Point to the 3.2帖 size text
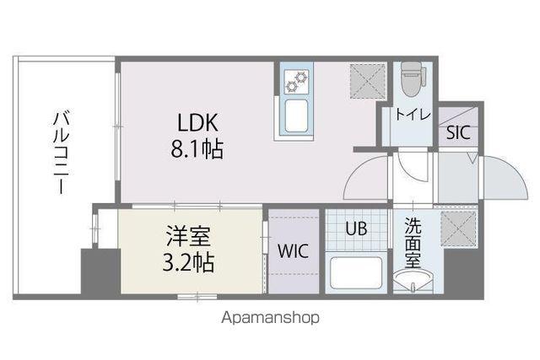pyautogui.click(x=189, y=261)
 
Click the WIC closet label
pyautogui.click(x=293, y=251)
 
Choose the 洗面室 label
pyautogui.click(x=413, y=242)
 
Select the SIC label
pyautogui.click(x=458, y=132)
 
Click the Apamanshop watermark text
pyautogui.click(x=271, y=319)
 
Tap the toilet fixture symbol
pyautogui.click(x=410, y=81)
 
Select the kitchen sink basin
pyautogui.click(x=297, y=119)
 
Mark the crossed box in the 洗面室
pyautogui.click(x=461, y=226)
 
